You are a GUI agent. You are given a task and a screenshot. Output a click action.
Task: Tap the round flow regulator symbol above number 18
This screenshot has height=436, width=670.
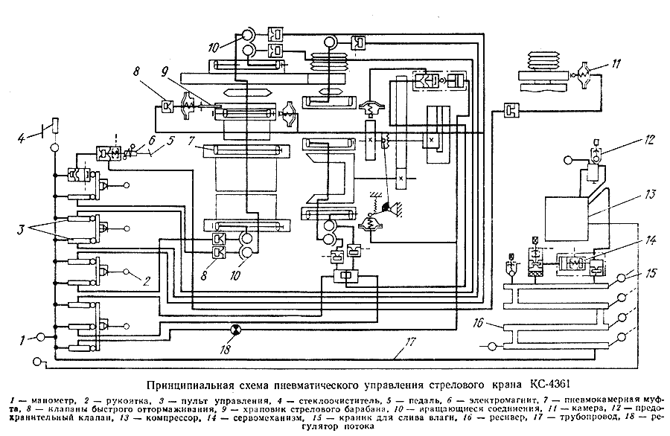pos(236,329)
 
